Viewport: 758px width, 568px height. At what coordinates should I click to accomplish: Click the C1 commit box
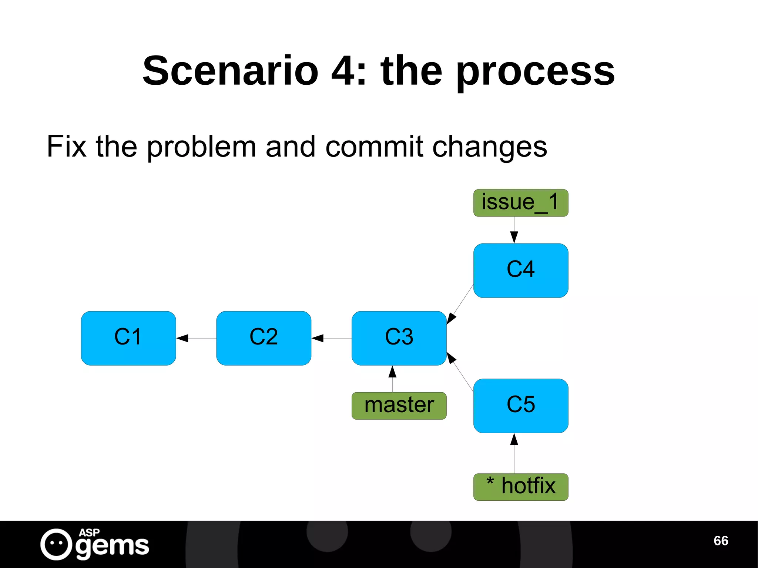click(x=128, y=338)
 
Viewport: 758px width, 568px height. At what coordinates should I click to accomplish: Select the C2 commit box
click(x=264, y=338)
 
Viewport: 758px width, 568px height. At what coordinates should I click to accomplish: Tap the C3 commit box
click(x=399, y=338)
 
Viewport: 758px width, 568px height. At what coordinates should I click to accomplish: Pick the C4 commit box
click(x=520, y=270)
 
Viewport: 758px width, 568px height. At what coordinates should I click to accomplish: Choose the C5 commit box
click(x=520, y=406)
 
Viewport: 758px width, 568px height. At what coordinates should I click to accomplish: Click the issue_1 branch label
click(x=520, y=203)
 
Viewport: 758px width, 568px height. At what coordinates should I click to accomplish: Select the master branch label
click(x=399, y=406)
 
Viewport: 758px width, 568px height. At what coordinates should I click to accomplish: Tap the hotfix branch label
click(x=520, y=487)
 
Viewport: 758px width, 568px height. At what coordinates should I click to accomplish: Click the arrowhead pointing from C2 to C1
click(x=182, y=338)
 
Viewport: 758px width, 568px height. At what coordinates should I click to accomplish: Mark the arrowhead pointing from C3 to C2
click(x=318, y=338)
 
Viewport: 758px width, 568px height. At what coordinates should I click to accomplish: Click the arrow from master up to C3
click(x=392, y=379)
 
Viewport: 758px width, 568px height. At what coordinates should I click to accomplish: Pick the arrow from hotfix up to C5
click(x=514, y=453)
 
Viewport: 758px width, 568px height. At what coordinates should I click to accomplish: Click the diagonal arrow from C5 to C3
click(x=460, y=372)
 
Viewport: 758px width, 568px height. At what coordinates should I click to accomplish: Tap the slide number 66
click(x=721, y=541)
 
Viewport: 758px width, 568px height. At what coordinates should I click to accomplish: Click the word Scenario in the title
click(x=230, y=70)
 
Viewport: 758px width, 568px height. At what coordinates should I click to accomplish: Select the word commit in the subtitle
click(x=374, y=147)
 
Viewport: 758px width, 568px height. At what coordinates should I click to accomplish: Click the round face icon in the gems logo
click(x=56, y=544)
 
